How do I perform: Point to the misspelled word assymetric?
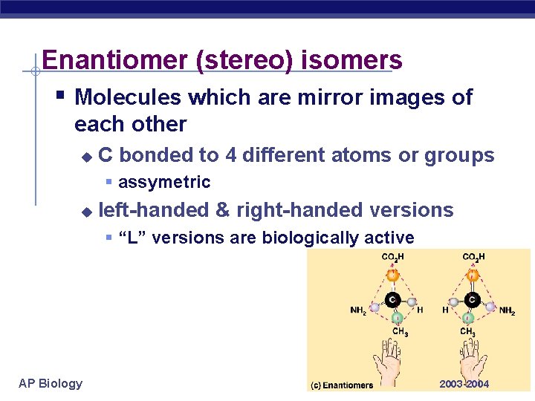(x=164, y=182)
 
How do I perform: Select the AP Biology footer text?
(x=51, y=383)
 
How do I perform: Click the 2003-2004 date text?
(x=464, y=384)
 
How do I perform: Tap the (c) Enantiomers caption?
(x=343, y=385)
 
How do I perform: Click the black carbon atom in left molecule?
(x=392, y=301)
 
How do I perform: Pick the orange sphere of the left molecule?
(x=392, y=275)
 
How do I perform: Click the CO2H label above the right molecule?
(x=473, y=258)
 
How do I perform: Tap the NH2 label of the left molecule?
(x=358, y=310)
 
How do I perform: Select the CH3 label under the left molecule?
(x=400, y=332)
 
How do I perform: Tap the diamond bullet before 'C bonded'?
(x=86, y=157)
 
